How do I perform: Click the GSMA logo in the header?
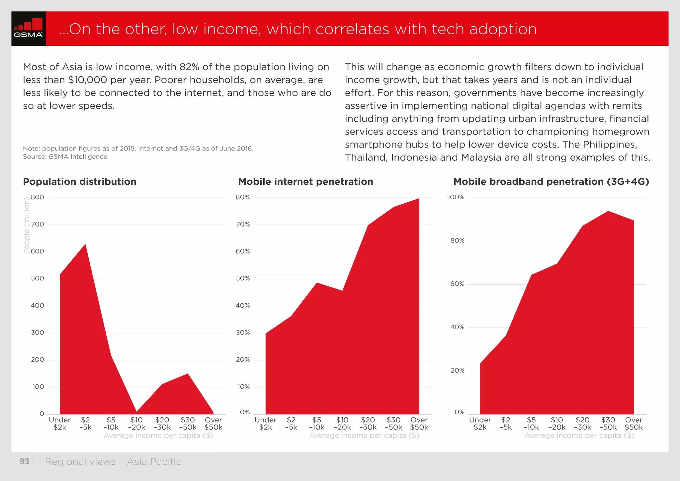(x=29, y=29)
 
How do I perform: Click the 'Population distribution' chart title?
(x=80, y=182)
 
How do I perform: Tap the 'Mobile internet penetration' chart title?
(x=305, y=182)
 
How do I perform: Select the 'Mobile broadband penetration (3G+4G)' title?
(x=551, y=182)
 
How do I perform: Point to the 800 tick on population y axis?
(x=38, y=197)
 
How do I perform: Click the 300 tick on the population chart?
(x=38, y=333)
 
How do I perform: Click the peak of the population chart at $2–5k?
(x=85, y=244)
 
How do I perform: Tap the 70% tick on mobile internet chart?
(x=243, y=225)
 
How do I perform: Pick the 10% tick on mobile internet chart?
(x=243, y=387)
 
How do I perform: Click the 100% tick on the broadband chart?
(x=456, y=197)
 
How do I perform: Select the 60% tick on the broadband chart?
(x=457, y=284)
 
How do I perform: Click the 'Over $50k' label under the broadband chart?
(x=634, y=424)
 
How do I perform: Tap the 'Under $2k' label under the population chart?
(x=60, y=424)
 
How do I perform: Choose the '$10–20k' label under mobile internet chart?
(x=342, y=424)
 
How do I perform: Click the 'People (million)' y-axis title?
(x=27, y=225)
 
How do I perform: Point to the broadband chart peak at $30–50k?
(x=608, y=211)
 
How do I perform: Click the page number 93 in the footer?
(x=25, y=461)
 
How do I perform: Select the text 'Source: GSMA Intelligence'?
(x=65, y=156)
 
